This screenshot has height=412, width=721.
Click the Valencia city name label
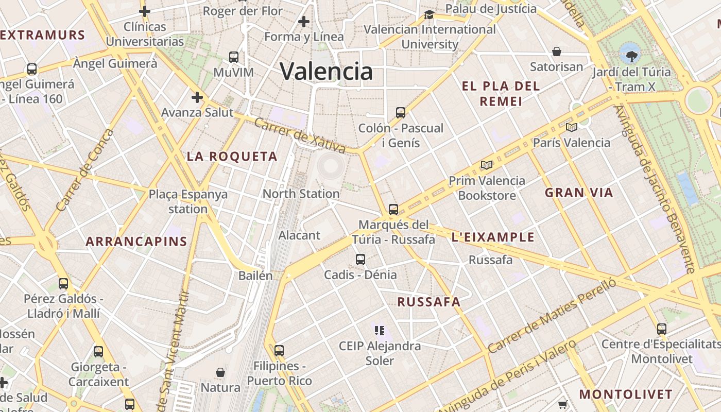[327, 71]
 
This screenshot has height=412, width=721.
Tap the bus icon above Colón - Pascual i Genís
[400, 112]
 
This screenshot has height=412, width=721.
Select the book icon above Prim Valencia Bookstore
[486, 165]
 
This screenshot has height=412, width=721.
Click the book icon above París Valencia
[571, 127]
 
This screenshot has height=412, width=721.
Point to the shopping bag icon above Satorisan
[557, 51]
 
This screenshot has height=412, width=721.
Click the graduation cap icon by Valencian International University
[429, 14]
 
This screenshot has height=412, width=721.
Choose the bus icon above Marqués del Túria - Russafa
[393, 209]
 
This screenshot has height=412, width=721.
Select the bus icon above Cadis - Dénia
[360, 259]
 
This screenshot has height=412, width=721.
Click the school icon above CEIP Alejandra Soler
[380, 330]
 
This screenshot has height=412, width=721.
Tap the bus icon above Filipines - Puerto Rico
[279, 351]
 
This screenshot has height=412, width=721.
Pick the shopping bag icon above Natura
[220, 372]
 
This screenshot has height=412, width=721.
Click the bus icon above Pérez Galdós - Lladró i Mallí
[63, 283]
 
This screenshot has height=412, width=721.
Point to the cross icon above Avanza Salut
[197, 97]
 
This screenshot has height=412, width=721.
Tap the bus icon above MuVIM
[234, 57]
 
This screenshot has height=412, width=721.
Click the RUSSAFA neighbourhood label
[428, 302]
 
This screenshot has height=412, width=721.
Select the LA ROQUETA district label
[232, 157]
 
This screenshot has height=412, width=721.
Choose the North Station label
[301, 194]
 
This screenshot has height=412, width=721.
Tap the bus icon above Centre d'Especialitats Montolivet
[662, 329]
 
